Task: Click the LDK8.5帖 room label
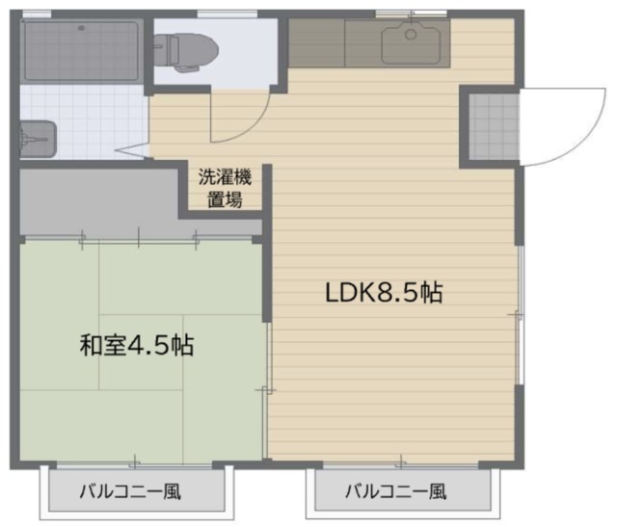(384, 293)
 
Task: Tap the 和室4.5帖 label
(137, 345)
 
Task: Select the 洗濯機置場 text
(225, 188)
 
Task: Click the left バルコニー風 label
(130, 491)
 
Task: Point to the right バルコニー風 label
(396, 491)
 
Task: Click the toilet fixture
(186, 51)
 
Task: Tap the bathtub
(81, 51)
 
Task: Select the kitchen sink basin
(411, 43)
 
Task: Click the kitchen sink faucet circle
(411, 35)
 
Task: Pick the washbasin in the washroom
(39, 140)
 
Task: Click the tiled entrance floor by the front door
(494, 126)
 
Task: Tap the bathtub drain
(81, 28)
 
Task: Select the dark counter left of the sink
(317, 43)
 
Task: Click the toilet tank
(162, 51)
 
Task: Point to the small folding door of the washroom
(133, 151)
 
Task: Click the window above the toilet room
(228, 14)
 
